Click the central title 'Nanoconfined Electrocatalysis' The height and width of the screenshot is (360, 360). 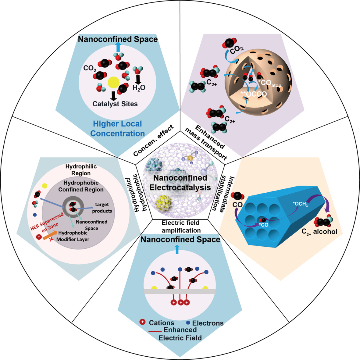(180, 182)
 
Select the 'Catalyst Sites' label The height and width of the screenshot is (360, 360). (115, 104)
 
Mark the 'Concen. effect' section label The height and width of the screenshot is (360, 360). (154, 140)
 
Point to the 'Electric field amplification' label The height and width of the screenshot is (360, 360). (180, 227)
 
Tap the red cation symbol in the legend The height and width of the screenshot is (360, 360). (142, 322)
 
